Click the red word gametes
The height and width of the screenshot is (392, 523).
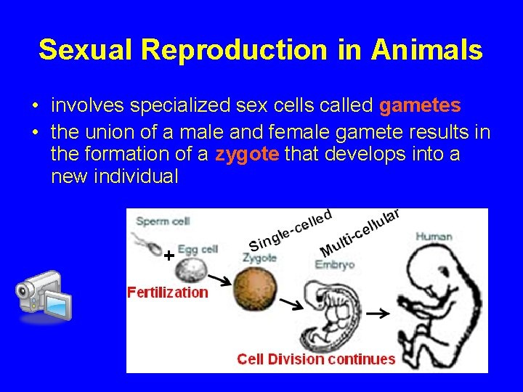coord(420,106)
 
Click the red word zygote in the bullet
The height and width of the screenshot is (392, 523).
coord(246,154)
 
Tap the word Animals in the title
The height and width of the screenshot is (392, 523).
coord(427,49)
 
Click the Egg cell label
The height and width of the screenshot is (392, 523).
coord(199,249)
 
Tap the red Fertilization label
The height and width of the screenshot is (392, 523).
coord(167,293)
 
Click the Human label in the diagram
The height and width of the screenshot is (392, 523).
coord(434,236)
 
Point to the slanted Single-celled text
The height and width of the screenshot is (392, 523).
coord(291,231)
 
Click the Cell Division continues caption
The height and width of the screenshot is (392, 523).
coord(316,359)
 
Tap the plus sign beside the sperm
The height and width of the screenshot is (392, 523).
coord(169,256)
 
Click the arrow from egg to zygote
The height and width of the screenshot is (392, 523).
coord(222,279)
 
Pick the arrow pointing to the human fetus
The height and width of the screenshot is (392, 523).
coord(376,314)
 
